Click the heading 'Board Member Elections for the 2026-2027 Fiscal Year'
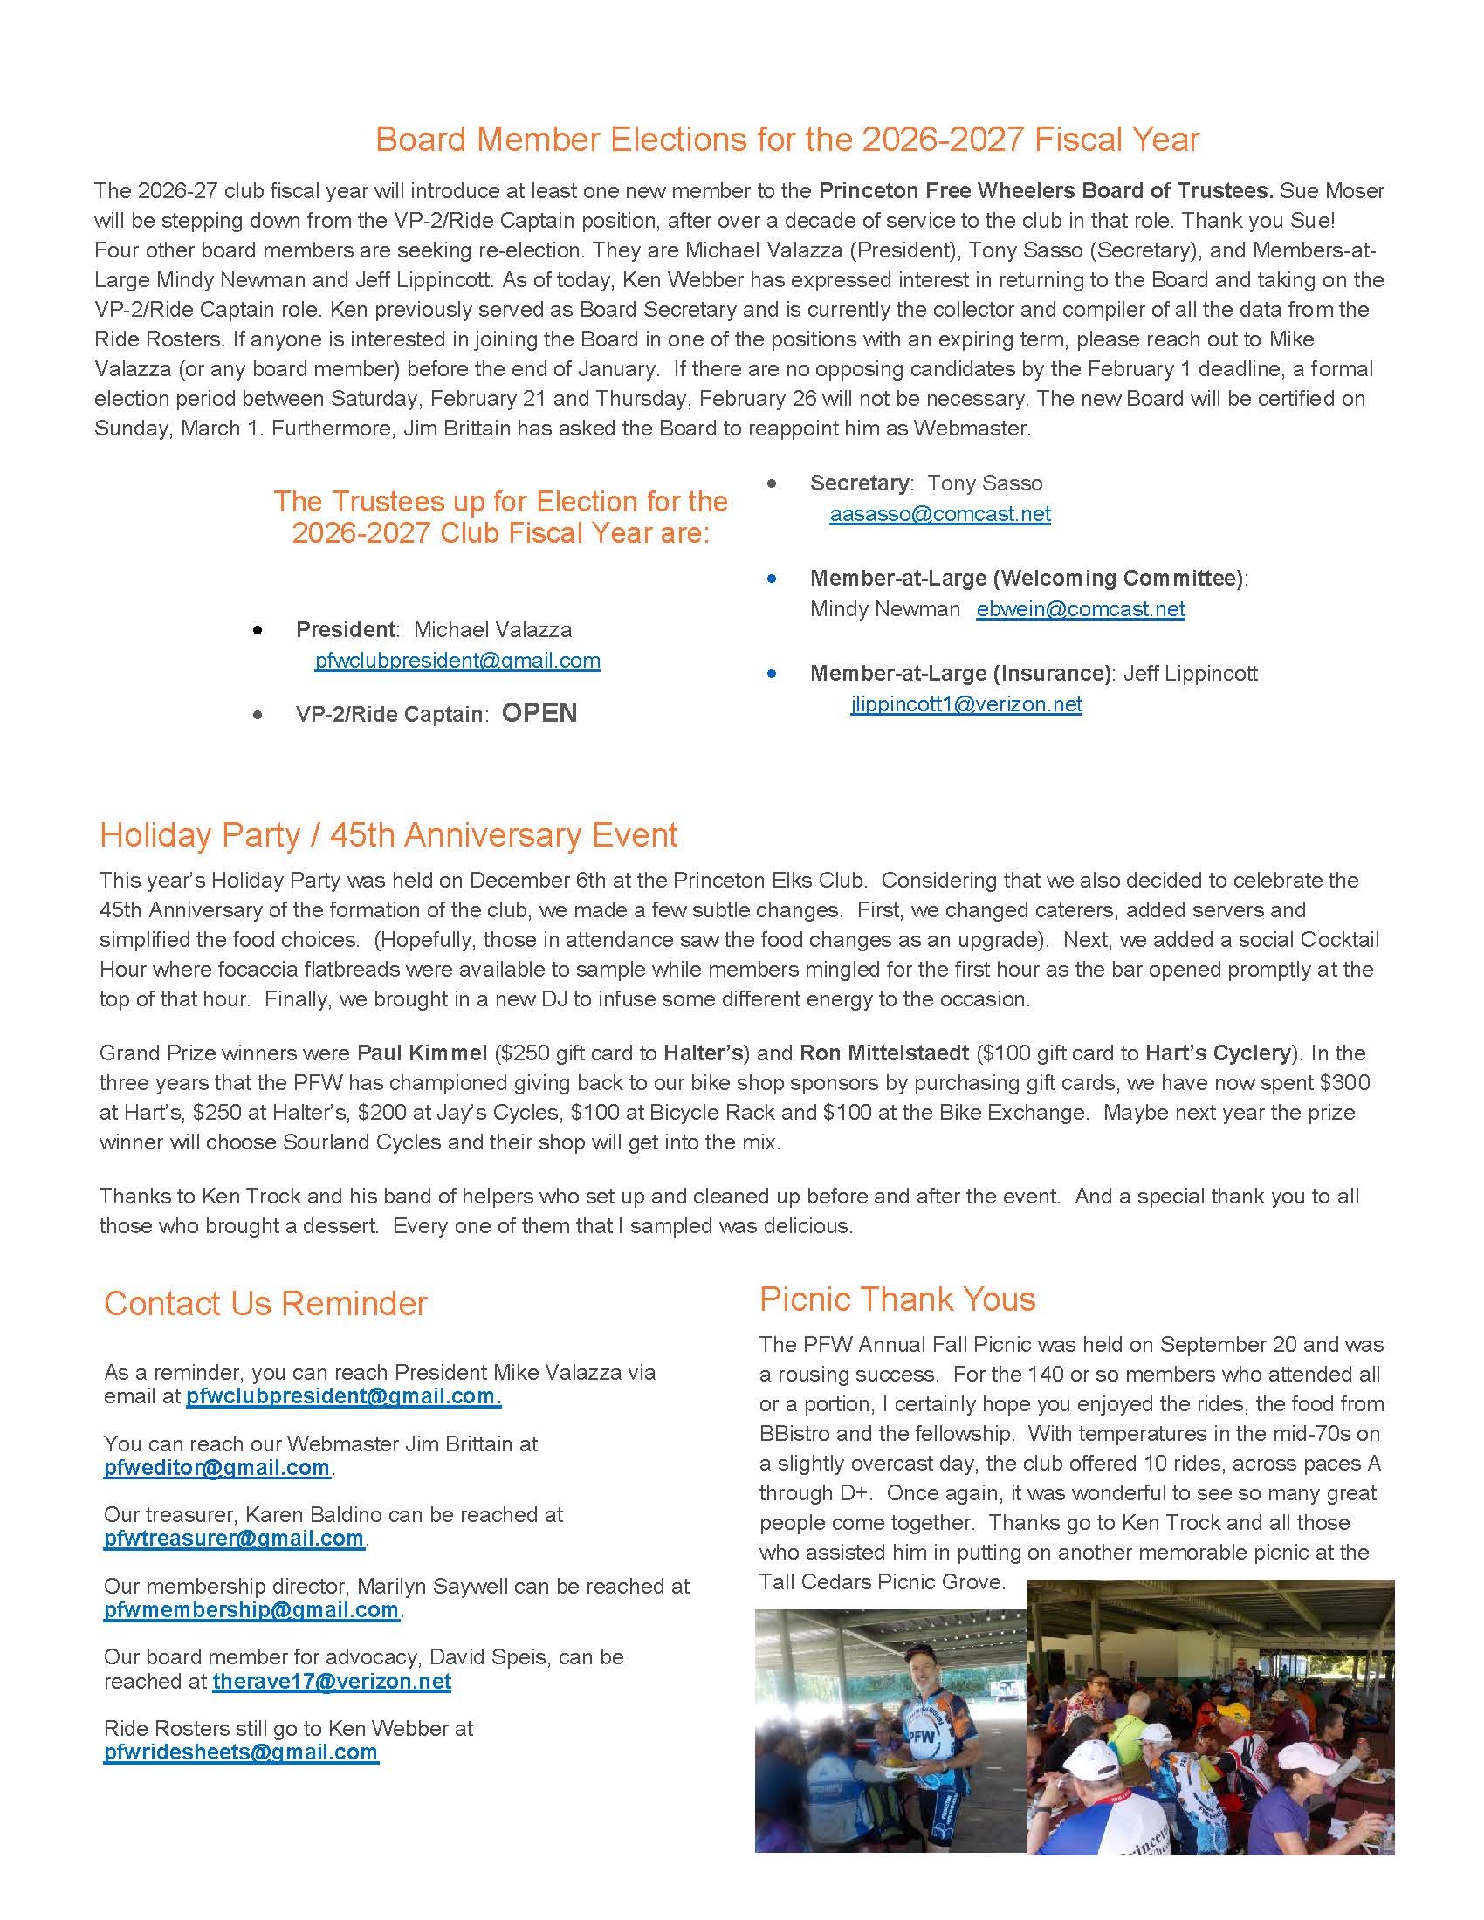click(x=787, y=140)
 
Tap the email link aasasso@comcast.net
click(x=940, y=514)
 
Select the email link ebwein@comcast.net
click(x=1081, y=609)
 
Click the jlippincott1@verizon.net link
click(x=966, y=704)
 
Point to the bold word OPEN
click(x=539, y=713)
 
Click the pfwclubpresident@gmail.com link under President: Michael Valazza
click(x=457, y=662)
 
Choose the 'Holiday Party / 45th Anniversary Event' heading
click(x=388, y=834)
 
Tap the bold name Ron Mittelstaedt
click(x=884, y=1053)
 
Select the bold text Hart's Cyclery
click(x=1218, y=1053)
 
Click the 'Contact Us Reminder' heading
click(x=265, y=1303)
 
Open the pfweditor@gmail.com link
click(x=216, y=1467)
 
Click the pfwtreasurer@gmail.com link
click(x=234, y=1539)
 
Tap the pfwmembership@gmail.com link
click(x=251, y=1609)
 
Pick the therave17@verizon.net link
click(x=332, y=1681)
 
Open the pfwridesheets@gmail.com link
click(x=241, y=1752)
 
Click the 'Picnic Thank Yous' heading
click(x=897, y=1299)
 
